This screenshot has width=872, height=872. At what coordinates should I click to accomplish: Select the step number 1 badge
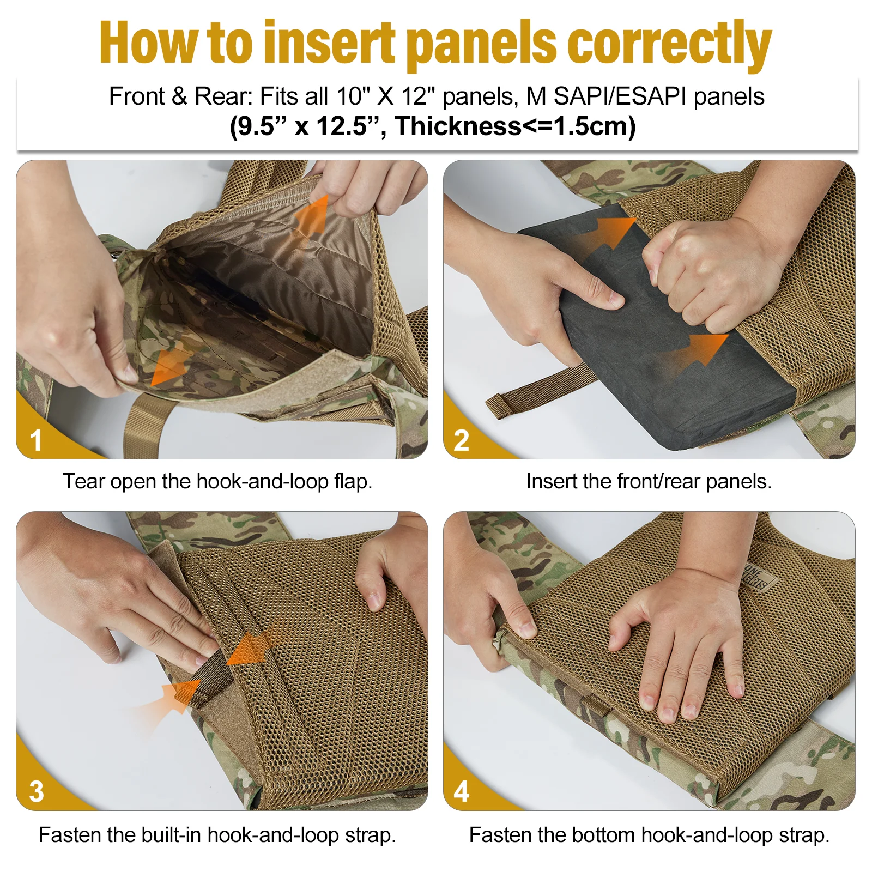tap(36, 440)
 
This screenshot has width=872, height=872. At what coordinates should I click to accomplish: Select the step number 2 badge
tap(461, 440)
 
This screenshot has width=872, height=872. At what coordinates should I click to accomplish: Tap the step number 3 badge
tap(36, 791)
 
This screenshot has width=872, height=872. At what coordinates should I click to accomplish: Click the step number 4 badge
tap(461, 791)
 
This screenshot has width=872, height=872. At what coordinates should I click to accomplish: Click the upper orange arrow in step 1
tap(313, 215)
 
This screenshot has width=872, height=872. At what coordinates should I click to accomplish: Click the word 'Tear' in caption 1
tap(83, 481)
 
